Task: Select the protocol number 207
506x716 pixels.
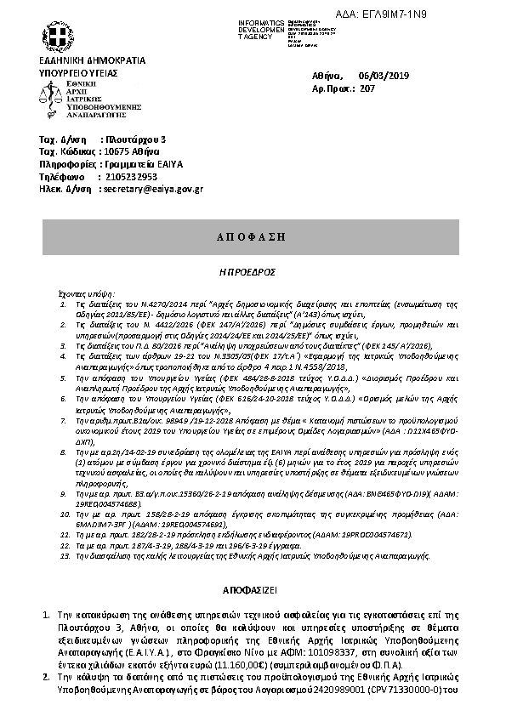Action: (x=368, y=88)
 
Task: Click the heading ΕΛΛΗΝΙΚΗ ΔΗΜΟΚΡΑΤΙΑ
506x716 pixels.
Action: (x=92, y=61)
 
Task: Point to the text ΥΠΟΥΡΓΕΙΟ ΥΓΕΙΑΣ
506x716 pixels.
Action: (x=78, y=73)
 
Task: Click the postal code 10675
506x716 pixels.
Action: (x=115, y=151)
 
